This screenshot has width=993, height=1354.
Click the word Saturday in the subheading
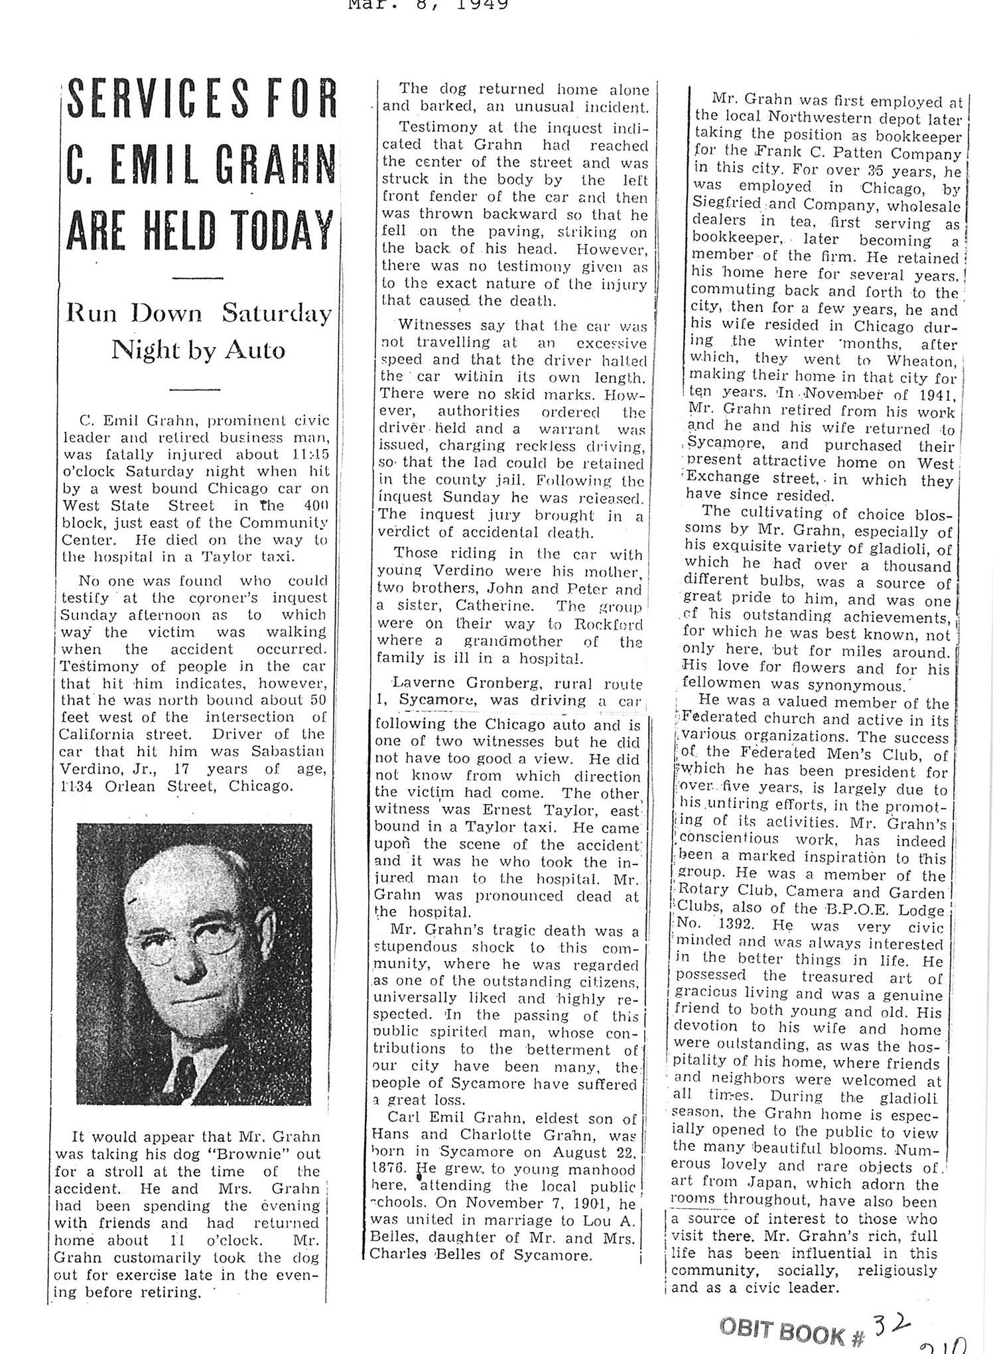[x=277, y=313]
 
